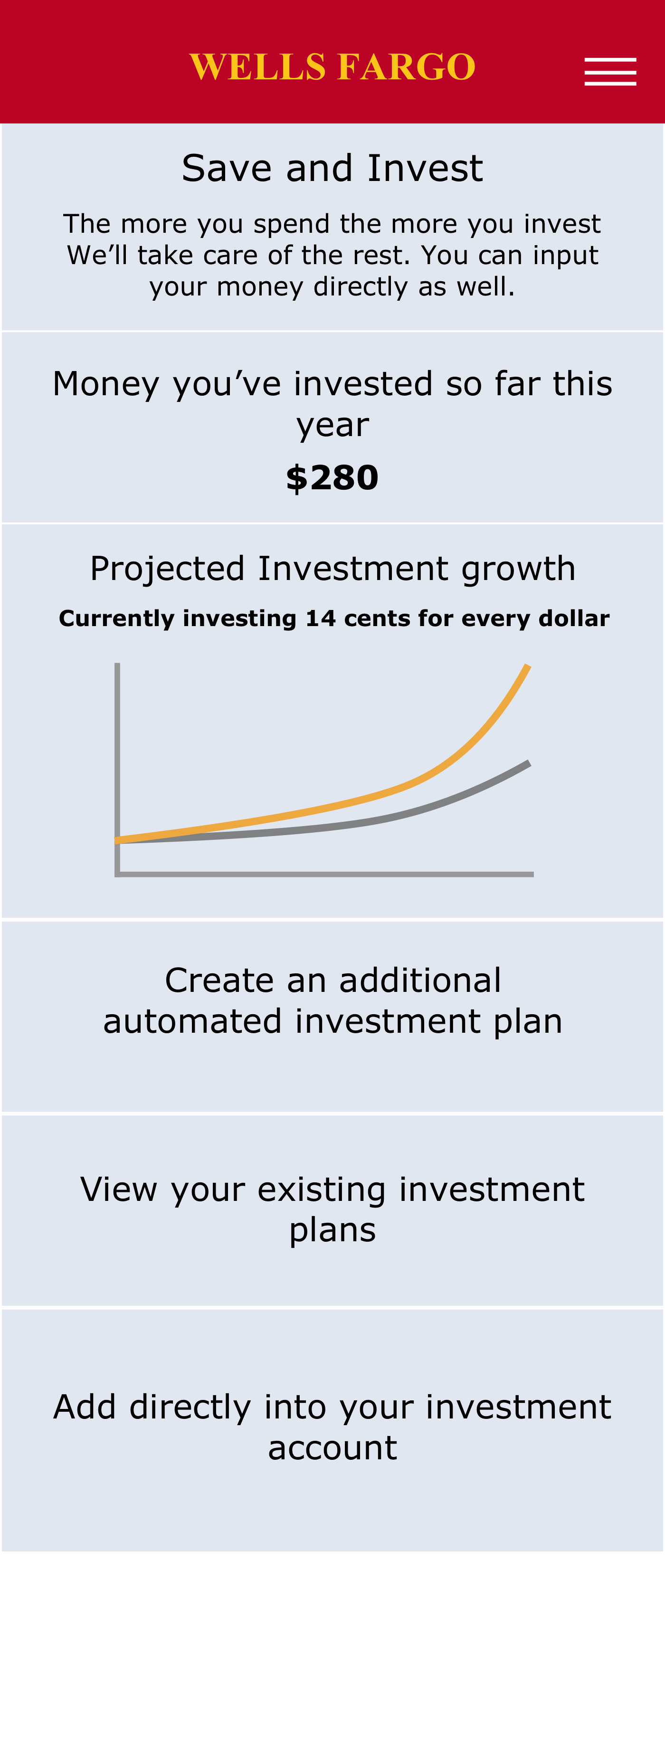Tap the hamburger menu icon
pos(610,71)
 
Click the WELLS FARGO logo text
pos(332,67)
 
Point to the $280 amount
pos(332,478)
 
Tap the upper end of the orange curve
pos(528,666)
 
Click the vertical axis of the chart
pos(117,769)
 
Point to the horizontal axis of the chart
pos(324,874)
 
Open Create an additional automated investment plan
pos(332,1000)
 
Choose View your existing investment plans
pos(332,1210)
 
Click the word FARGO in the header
pos(406,67)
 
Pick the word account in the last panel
pos(332,1448)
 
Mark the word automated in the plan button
pos(192,1022)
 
